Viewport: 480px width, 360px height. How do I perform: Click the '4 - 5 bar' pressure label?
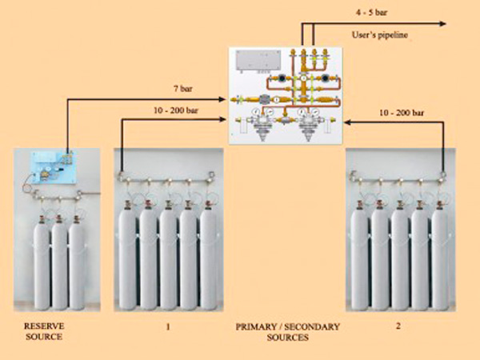[x=371, y=13]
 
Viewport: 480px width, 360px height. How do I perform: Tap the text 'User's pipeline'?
[x=380, y=35]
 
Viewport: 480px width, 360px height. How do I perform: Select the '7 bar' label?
[x=183, y=89]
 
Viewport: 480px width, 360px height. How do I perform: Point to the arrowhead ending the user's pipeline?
[x=442, y=23]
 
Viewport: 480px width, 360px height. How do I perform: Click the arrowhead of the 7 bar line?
[x=222, y=99]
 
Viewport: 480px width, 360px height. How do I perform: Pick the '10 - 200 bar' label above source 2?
[x=402, y=113]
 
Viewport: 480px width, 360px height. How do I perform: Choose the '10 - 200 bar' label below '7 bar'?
[x=176, y=110]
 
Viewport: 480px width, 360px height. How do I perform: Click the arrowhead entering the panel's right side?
[x=348, y=122]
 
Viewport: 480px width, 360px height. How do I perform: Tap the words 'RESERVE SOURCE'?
[x=44, y=331]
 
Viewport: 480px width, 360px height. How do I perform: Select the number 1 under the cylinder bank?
[x=168, y=327]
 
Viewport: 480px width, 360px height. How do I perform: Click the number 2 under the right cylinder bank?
[x=398, y=326]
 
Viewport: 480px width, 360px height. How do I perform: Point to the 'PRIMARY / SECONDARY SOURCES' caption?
[x=287, y=332]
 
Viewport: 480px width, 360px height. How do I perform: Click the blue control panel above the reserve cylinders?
[x=54, y=167]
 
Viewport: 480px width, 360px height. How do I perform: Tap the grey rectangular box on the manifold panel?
[x=258, y=60]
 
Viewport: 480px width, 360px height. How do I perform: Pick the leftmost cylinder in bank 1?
[x=127, y=256]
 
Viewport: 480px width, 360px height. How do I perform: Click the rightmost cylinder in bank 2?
[x=440, y=256]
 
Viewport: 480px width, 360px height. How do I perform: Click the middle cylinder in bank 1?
[x=168, y=256]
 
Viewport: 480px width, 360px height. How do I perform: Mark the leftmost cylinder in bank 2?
[x=359, y=256]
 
